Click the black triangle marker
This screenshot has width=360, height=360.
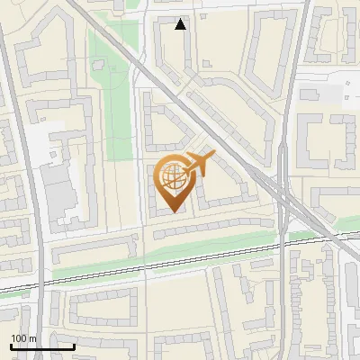tap(181, 24)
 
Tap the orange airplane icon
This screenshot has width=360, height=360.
tap(199, 163)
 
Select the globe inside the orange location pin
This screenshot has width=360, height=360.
tap(173, 178)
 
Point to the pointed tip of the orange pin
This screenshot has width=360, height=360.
tap(173, 212)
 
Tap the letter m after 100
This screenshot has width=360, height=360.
tap(33, 337)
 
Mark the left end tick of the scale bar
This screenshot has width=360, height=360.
tap(11, 345)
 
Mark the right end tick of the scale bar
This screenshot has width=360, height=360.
tap(74, 345)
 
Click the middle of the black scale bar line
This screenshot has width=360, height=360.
tap(42, 346)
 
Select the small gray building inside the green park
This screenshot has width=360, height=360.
tap(99, 65)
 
